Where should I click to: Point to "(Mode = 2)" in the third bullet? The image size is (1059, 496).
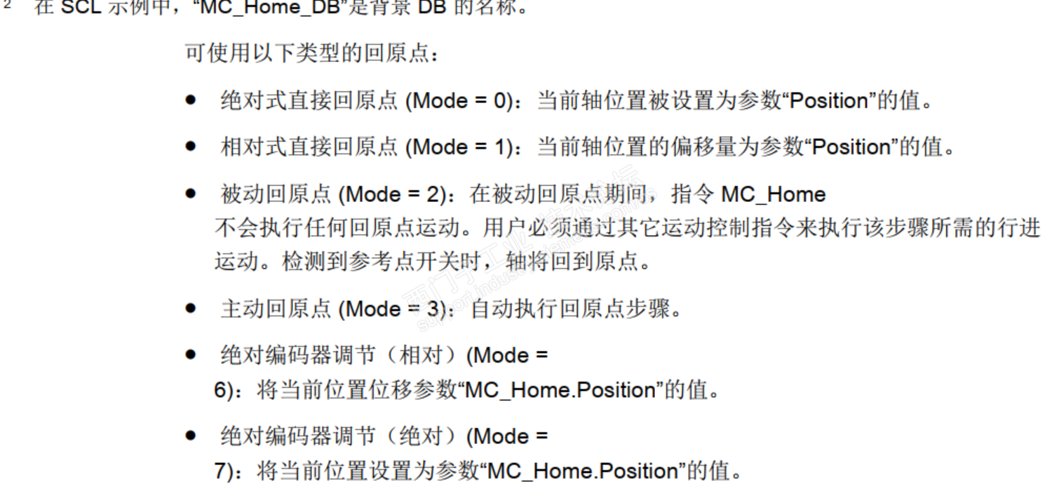point(392,194)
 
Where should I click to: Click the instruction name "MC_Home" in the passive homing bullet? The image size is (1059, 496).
point(774,194)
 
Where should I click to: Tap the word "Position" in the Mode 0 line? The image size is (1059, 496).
point(830,101)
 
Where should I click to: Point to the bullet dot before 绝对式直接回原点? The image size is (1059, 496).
point(190,101)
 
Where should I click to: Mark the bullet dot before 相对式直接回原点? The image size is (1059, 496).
point(190,147)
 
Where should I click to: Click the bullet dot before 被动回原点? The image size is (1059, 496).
point(190,194)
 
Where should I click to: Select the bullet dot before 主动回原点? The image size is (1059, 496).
point(190,309)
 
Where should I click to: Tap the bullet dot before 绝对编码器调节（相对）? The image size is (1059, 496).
point(190,355)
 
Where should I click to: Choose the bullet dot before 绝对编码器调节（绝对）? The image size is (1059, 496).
point(190,436)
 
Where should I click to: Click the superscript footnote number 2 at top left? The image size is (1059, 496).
point(7,6)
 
